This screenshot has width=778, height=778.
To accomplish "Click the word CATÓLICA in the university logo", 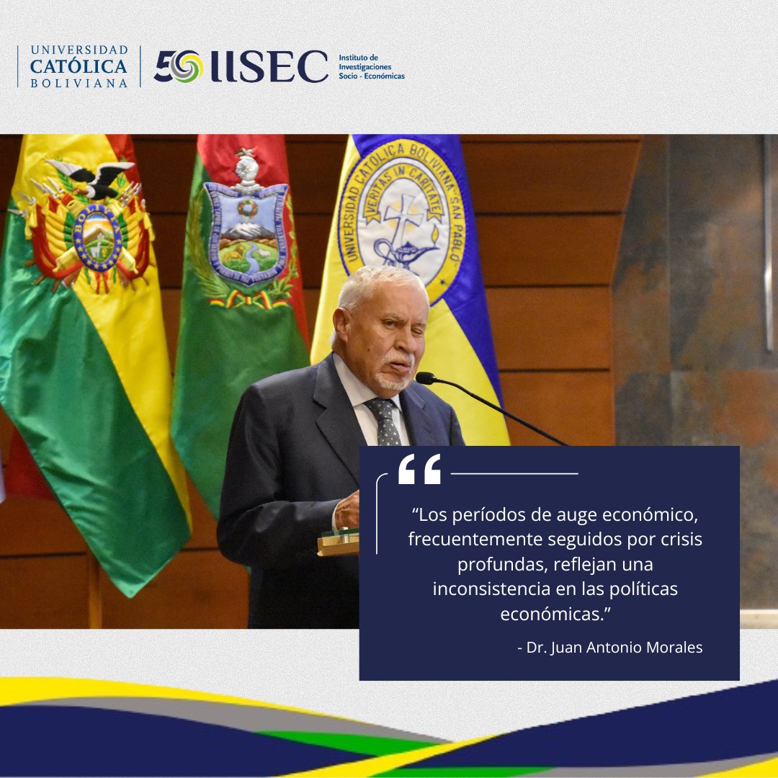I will pyautogui.click(x=79, y=66).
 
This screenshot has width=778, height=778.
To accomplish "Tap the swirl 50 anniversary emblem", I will pyautogui.click(x=178, y=66).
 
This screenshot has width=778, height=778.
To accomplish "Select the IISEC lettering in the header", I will pyautogui.click(x=269, y=66).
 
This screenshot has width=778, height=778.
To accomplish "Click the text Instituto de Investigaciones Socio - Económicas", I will pyautogui.click(x=371, y=66).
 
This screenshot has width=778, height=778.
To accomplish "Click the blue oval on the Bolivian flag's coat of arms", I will pyautogui.click(x=97, y=236).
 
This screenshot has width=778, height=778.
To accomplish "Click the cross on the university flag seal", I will pyautogui.click(x=401, y=220).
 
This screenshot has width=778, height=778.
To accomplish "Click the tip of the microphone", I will pyautogui.click(x=424, y=377).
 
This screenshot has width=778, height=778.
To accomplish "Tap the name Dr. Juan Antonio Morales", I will pyautogui.click(x=610, y=647).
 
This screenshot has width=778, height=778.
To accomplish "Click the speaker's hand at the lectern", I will pyautogui.click(x=347, y=511).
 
